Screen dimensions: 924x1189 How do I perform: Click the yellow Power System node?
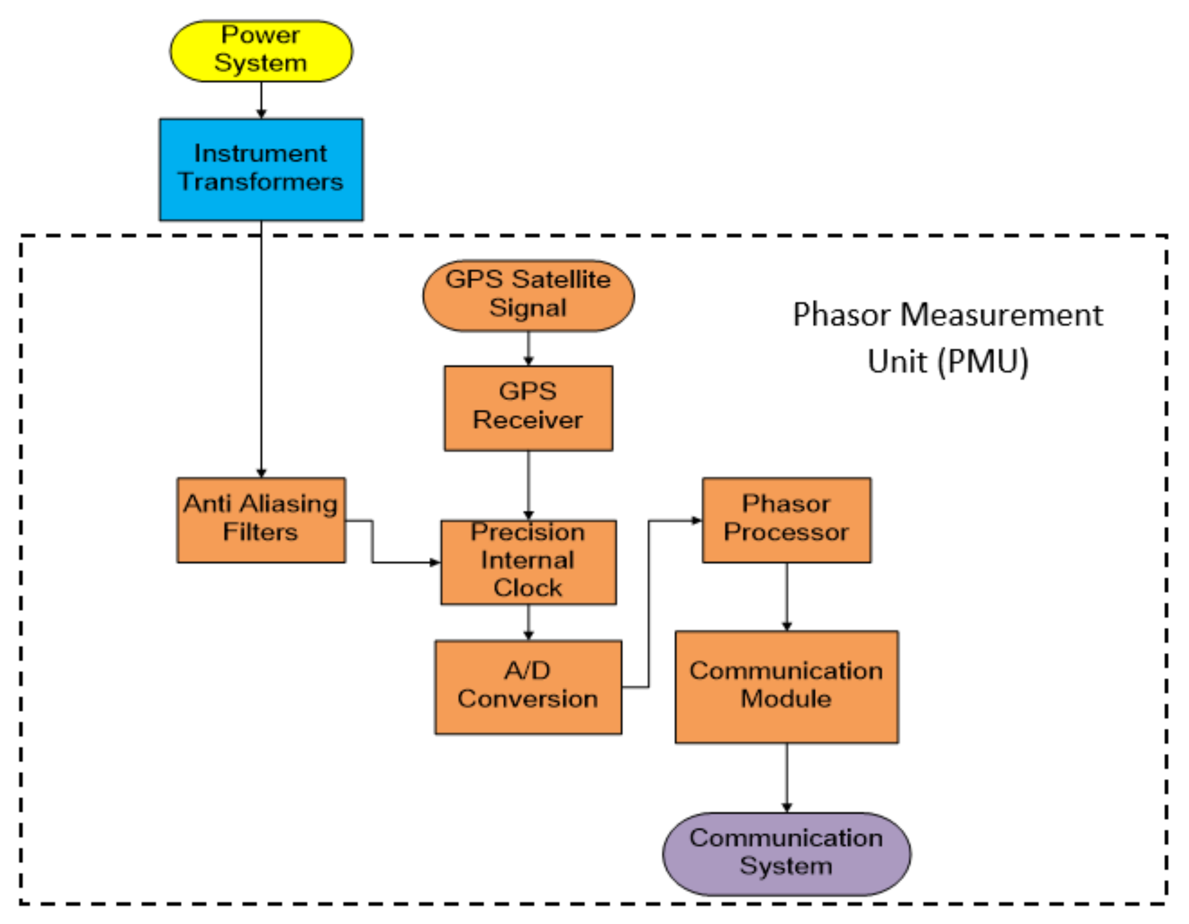click(261, 50)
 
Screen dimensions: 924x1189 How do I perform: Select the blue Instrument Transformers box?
click(261, 169)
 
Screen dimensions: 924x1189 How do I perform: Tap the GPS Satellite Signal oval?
click(528, 296)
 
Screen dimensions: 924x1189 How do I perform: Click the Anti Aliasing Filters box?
click(261, 520)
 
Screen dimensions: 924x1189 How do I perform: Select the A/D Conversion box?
click(528, 687)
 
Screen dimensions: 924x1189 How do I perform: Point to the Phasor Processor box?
click(786, 520)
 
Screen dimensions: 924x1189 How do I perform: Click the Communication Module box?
click(786, 687)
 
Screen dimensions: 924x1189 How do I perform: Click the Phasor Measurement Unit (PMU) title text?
click(947, 337)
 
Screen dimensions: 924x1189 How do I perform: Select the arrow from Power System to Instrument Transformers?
click(261, 99)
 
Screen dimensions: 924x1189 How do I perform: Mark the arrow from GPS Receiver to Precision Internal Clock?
click(528, 485)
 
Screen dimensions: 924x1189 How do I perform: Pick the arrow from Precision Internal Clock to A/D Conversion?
click(528, 622)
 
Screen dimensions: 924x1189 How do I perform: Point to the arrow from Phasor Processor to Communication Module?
click(786, 596)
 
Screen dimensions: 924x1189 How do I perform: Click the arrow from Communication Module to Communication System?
click(786, 778)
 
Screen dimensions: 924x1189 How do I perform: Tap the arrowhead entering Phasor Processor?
click(696, 520)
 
